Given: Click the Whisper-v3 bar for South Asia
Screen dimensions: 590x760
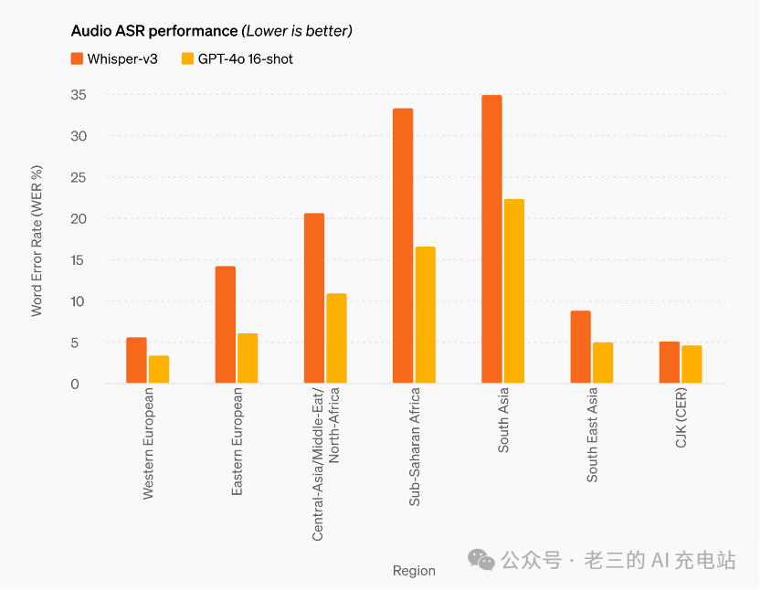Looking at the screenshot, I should tap(491, 239).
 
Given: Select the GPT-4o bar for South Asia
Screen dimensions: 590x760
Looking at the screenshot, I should tap(514, 291).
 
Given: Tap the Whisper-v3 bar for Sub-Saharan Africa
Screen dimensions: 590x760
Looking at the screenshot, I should tap(403, 246).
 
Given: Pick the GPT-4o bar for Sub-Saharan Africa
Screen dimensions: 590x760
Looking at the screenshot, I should tap(426, 315).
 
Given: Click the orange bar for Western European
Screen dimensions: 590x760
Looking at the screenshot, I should tap(136, 361).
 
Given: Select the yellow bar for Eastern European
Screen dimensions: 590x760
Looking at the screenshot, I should tap(248, 359).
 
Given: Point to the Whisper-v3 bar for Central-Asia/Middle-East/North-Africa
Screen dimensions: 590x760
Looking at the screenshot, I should tap(314, 299).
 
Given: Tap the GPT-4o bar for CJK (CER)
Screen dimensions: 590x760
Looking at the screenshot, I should tap(691, 364).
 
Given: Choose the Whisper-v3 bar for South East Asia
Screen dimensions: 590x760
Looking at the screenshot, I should tap(581, 347).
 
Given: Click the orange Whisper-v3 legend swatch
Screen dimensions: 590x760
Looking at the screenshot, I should tap(78, 59).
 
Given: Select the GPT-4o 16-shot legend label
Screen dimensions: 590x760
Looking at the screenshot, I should tap(246, 59).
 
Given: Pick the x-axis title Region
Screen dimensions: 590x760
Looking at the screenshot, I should tap(414, 571).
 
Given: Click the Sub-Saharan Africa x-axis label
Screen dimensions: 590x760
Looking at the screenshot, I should tap(415, 447).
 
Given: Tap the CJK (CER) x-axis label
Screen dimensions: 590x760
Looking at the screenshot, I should tap(681, 418).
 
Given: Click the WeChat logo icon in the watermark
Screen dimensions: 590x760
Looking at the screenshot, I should tap(481, 560).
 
